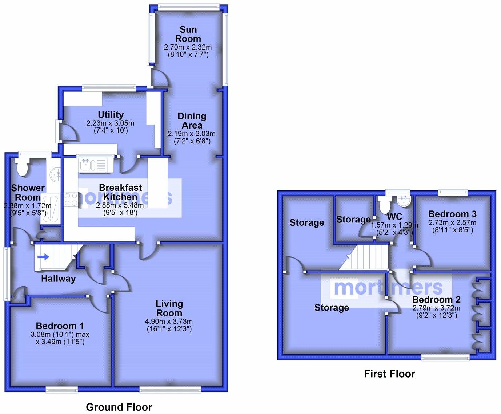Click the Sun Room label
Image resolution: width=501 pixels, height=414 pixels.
(x=188, y=34)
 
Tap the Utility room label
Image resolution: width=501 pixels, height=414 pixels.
(x=111, y=115)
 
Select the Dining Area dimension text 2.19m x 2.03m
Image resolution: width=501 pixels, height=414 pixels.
(x=192, y=134)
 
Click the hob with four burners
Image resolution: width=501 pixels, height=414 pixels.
(x=71, y=200)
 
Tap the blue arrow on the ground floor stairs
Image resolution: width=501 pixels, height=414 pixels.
(x=43, y=257)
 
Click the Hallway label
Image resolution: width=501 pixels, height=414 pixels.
(x=58, y=279)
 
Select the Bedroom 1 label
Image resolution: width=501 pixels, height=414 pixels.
(x=60, y=326)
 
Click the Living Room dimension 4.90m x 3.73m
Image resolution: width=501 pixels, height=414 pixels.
(x=169, y=322)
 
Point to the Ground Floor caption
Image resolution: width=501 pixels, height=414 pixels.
(x=119, y=407)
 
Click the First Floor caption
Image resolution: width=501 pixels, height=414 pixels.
(x=389, y=374)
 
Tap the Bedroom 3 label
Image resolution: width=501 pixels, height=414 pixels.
(x=452, y=214)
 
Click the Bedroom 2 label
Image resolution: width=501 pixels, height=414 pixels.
(x=436, y=300)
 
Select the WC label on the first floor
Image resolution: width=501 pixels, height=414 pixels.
(x=394, y=217)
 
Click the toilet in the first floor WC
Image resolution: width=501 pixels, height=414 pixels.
(x=384, y=205)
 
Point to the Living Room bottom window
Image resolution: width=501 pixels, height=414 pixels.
(x=170, y=390)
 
